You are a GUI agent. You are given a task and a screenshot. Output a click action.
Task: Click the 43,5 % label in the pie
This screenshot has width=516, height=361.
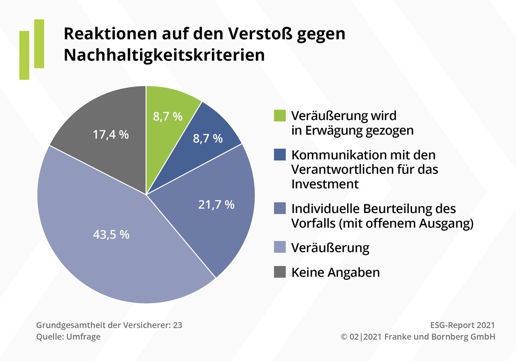[x=111, y=235]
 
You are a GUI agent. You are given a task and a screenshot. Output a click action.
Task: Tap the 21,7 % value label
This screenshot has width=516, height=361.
[x=216, y=204]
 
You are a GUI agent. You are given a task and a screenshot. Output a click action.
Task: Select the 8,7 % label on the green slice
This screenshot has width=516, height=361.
[x=167, y=116]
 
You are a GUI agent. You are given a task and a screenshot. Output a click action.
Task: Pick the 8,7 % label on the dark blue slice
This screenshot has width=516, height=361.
[x=208, y=139]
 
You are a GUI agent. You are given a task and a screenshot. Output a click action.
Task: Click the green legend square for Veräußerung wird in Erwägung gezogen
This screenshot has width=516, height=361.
[x=280, y=116]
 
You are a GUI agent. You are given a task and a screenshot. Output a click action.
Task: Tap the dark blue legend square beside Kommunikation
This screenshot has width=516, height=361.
[x=280, y=155]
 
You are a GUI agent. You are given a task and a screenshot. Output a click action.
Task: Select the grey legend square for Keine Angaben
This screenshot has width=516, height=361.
[x=280, y=272]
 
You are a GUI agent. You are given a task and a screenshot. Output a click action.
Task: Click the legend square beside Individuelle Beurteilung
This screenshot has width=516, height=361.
[x=280, y=208]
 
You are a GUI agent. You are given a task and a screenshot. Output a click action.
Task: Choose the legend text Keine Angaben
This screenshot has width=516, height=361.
[x=335, y=273]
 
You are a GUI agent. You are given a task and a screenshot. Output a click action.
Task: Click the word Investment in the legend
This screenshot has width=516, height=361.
[x=325, y=184]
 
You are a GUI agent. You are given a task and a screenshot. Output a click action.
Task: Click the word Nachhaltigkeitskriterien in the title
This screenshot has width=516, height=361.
[x=164, y=55]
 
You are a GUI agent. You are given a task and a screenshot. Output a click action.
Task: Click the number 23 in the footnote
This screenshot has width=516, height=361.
[x=177, y=325]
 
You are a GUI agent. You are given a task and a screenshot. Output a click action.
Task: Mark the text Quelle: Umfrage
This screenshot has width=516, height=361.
[x=68, y=337]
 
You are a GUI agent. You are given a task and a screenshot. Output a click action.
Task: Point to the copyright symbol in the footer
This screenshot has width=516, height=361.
[x=344, y=337]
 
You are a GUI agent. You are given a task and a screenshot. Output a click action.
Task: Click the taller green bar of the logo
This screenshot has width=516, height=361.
[x=39, y=43]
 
